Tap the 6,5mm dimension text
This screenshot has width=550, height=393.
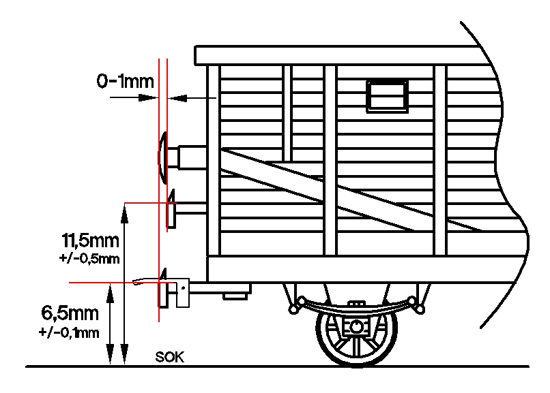click(70, 314)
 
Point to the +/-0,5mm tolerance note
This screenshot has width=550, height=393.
click(90, 258)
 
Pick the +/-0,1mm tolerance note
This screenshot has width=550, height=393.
click(70, 332)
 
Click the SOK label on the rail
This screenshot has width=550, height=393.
click(169, 357)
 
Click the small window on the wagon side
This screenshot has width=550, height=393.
click(388, 95)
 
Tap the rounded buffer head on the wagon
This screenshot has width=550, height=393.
click(163, 157)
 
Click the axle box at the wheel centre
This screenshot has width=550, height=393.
click(355, 328)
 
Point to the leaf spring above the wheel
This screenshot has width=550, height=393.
click(355, 302)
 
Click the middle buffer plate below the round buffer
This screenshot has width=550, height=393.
click(171, 212)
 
